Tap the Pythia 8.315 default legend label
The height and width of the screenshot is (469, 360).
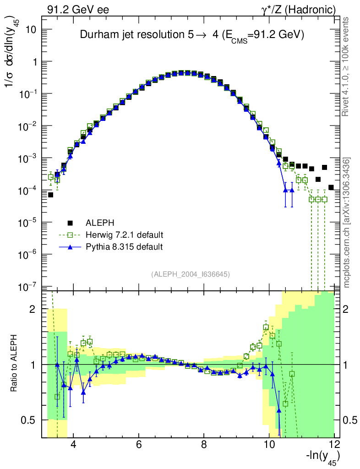124,247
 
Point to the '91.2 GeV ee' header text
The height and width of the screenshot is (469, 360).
78,9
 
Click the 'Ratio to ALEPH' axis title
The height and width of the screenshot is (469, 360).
16,364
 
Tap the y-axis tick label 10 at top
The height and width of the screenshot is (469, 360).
30,29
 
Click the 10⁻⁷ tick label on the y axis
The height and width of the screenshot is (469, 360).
28,287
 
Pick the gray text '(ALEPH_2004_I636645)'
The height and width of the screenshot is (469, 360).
190,274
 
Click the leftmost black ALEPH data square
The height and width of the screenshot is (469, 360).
51,195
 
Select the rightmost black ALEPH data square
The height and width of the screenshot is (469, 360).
331,187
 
